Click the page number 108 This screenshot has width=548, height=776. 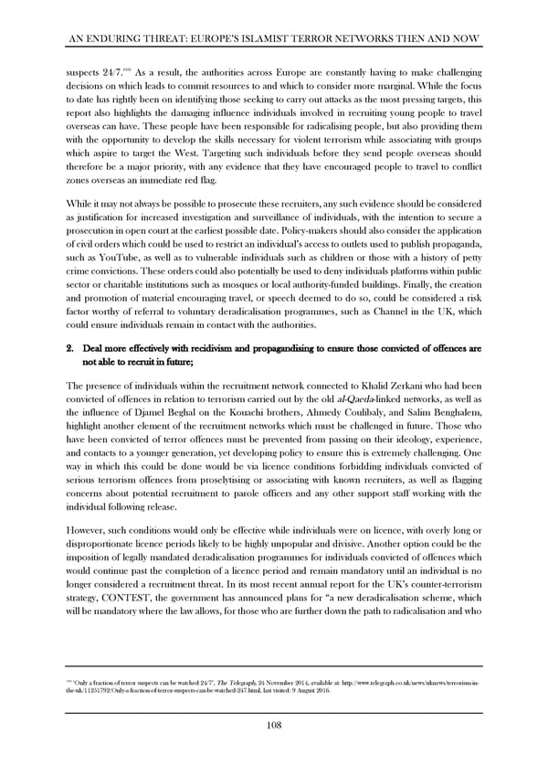273,726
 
